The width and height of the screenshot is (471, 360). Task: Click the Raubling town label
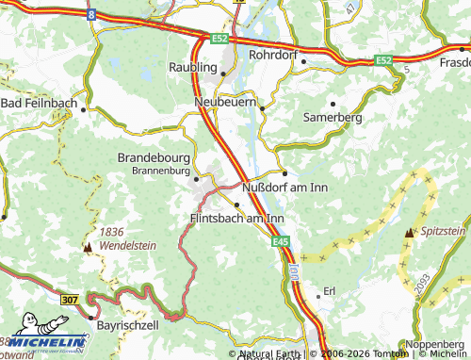pos(192,67)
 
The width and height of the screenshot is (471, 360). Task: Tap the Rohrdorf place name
pos(272,56)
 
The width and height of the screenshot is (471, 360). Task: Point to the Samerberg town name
pos(333,117)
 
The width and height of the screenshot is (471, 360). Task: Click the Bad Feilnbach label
pos(40,102)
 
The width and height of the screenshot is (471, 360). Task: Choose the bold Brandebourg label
pos(154,157)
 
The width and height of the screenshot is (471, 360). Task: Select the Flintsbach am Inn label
pos(231,218)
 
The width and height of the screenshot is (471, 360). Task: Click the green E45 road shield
pos(281,242)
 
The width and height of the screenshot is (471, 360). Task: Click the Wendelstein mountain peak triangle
pos(88,248)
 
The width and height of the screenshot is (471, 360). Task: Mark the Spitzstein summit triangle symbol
pos(409,232)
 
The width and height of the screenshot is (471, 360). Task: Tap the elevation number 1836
pos(111,232)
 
